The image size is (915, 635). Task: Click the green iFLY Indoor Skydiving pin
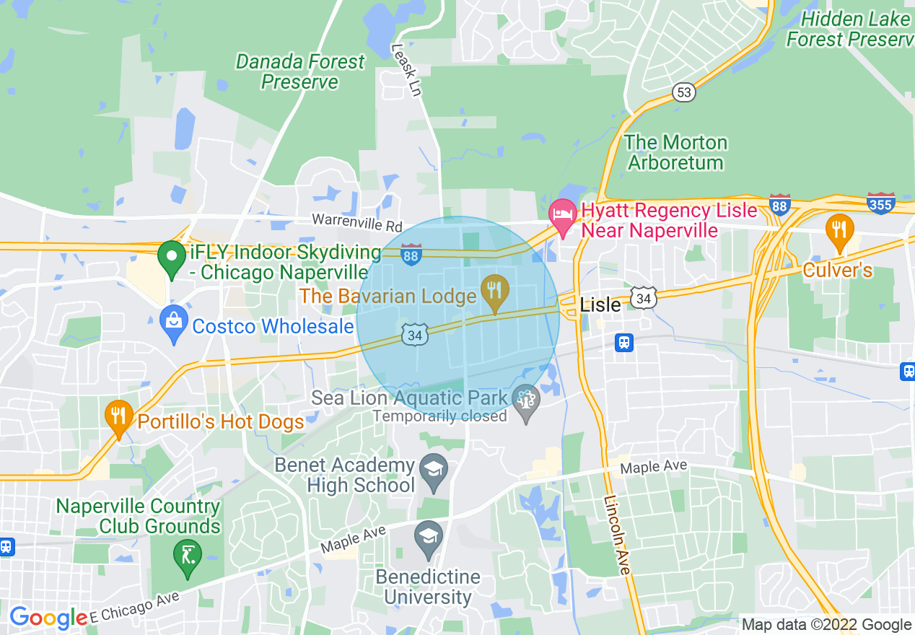click(172, 258)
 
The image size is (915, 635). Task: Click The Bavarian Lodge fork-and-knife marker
click(494, 291)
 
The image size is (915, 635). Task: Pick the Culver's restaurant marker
click(839, 232)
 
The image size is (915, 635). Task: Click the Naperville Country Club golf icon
click(188, 556)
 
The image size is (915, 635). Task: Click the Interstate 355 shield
click(881, 203)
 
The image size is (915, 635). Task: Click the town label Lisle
click(600, 305)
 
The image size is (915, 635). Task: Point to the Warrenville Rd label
click(356, 221)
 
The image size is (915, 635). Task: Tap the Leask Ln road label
click(406, 70)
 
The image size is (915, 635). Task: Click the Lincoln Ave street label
click(618, 535)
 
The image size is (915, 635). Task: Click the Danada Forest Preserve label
click(300, 72)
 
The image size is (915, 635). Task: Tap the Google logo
click(49, 618)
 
